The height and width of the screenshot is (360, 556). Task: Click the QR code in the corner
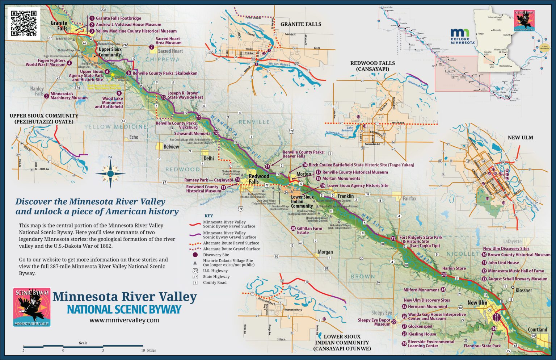click(x=24, y=23)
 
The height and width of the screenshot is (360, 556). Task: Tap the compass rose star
click(x=110, y=173)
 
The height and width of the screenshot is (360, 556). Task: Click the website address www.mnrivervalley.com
click(x=124, y=320)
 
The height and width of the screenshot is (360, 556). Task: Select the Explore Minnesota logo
click(x=460, y=36)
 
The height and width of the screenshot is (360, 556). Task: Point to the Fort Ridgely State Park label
click(x=421, y=239)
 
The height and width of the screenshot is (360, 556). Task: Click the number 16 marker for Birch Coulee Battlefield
click(x=305, y=165)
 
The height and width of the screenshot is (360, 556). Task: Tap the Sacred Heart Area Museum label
click(x=168, y=41)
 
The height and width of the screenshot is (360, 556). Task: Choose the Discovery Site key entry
click(x=216, y=255)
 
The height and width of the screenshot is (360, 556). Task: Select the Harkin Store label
click(x=454, y=268)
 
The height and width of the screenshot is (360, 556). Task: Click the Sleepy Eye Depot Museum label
click(x=374, y=322)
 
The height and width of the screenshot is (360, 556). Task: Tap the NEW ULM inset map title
click(x=520, y=138)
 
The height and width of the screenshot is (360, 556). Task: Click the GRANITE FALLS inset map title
click(x=301, y=24)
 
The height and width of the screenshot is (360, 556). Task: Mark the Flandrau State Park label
click(x=482, y=346)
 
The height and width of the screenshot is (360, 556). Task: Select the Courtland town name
click(x=537, y=330)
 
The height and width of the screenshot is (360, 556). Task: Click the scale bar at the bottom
click(x=83, y=347)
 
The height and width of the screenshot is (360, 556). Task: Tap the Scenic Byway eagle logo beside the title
click(x=32, y=307)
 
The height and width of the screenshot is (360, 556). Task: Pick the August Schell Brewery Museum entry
click(x=517, y=279)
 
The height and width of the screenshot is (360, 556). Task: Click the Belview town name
click(x=171, y=147)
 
